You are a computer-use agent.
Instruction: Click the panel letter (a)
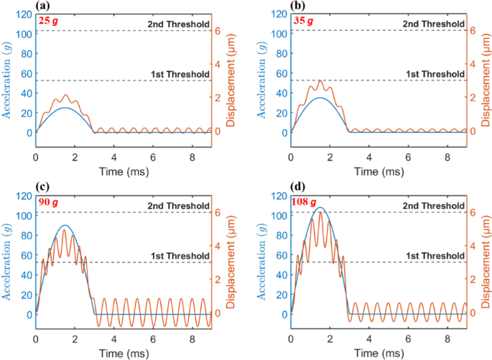(x=43, y=6)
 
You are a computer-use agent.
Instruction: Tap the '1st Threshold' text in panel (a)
(x=176, y=74)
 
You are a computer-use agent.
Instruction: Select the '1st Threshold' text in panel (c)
(x=176, y=256)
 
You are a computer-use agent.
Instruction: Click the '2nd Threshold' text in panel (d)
(x=430, y=206)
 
